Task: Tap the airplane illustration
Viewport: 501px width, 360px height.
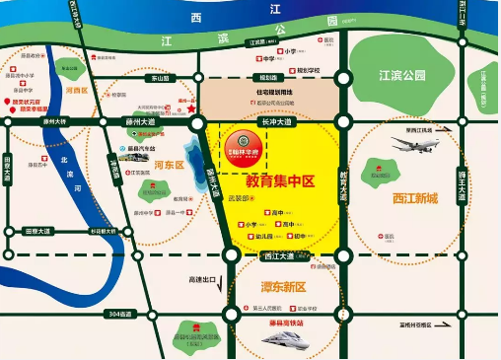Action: tap(414, 147)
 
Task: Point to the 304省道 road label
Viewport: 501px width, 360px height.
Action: tap(118, 315)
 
